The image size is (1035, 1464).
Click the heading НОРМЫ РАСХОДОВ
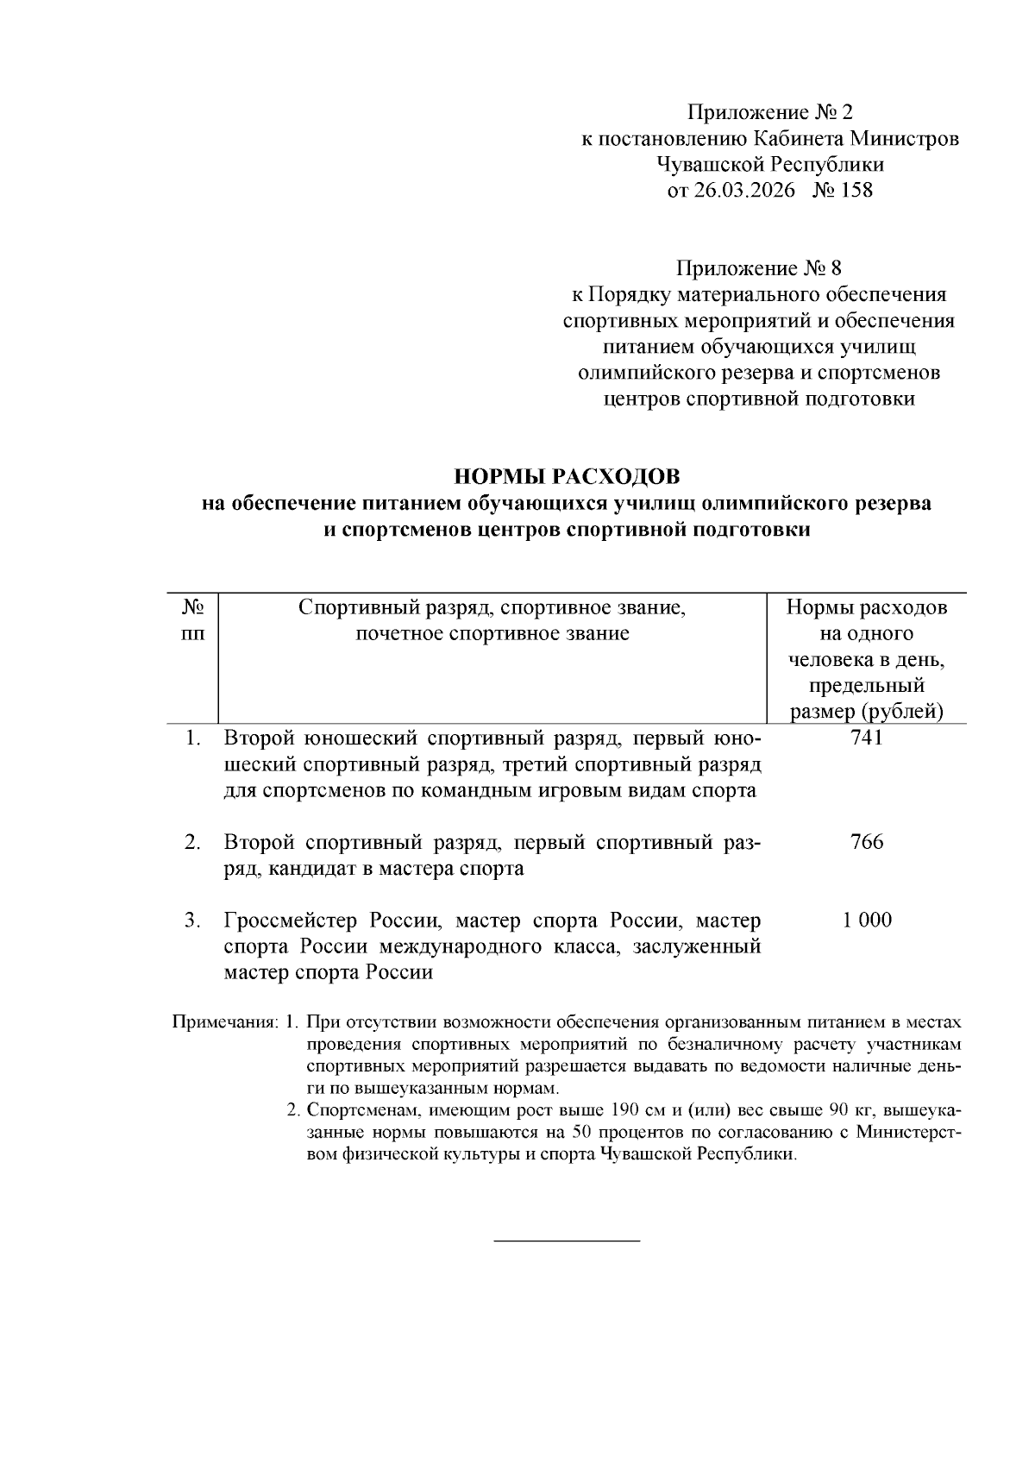567,476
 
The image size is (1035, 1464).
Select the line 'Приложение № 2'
769,112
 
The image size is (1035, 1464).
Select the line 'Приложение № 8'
759,268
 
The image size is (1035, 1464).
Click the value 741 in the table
866,738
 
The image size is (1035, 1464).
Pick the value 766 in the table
866,842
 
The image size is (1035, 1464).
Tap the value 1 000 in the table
866,920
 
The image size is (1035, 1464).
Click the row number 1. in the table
193,738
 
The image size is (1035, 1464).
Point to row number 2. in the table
193,842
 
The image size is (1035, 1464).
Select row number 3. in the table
193,920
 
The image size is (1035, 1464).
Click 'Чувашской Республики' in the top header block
769,165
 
